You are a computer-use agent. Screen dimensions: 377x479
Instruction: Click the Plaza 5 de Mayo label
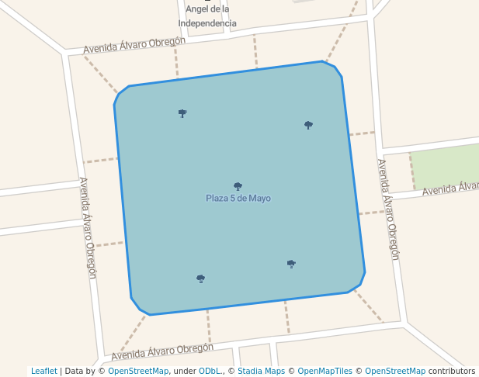coord(238,199)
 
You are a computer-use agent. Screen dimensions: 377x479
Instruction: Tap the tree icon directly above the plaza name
coord(238,186)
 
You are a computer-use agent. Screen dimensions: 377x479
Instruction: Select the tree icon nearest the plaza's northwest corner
coord(182,113)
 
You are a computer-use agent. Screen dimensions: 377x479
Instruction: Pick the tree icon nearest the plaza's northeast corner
coord(308,125)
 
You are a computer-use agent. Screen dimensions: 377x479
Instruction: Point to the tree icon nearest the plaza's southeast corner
coord(291,264)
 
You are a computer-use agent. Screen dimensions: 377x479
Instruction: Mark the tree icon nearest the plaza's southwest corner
coord(200,278)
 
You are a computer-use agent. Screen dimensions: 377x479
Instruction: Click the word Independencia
coord(207,23)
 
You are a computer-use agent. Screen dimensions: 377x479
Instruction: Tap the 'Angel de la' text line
coord(207,9)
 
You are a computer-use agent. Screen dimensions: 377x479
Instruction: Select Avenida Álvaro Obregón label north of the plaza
coord(134,45)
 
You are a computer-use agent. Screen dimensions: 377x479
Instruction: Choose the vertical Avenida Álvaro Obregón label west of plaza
coord(88,227)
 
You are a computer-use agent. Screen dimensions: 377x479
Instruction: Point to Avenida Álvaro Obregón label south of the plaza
coord(162,351)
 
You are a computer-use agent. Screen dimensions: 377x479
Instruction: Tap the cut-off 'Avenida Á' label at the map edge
coord(450,188)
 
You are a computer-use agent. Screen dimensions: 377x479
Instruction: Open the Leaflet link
coord(44,371)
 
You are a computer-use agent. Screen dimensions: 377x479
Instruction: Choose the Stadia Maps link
coord(262,371)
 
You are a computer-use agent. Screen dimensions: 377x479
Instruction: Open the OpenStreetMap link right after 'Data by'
coord(138,371)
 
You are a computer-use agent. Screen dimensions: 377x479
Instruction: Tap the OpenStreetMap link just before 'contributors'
coord(395,371)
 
